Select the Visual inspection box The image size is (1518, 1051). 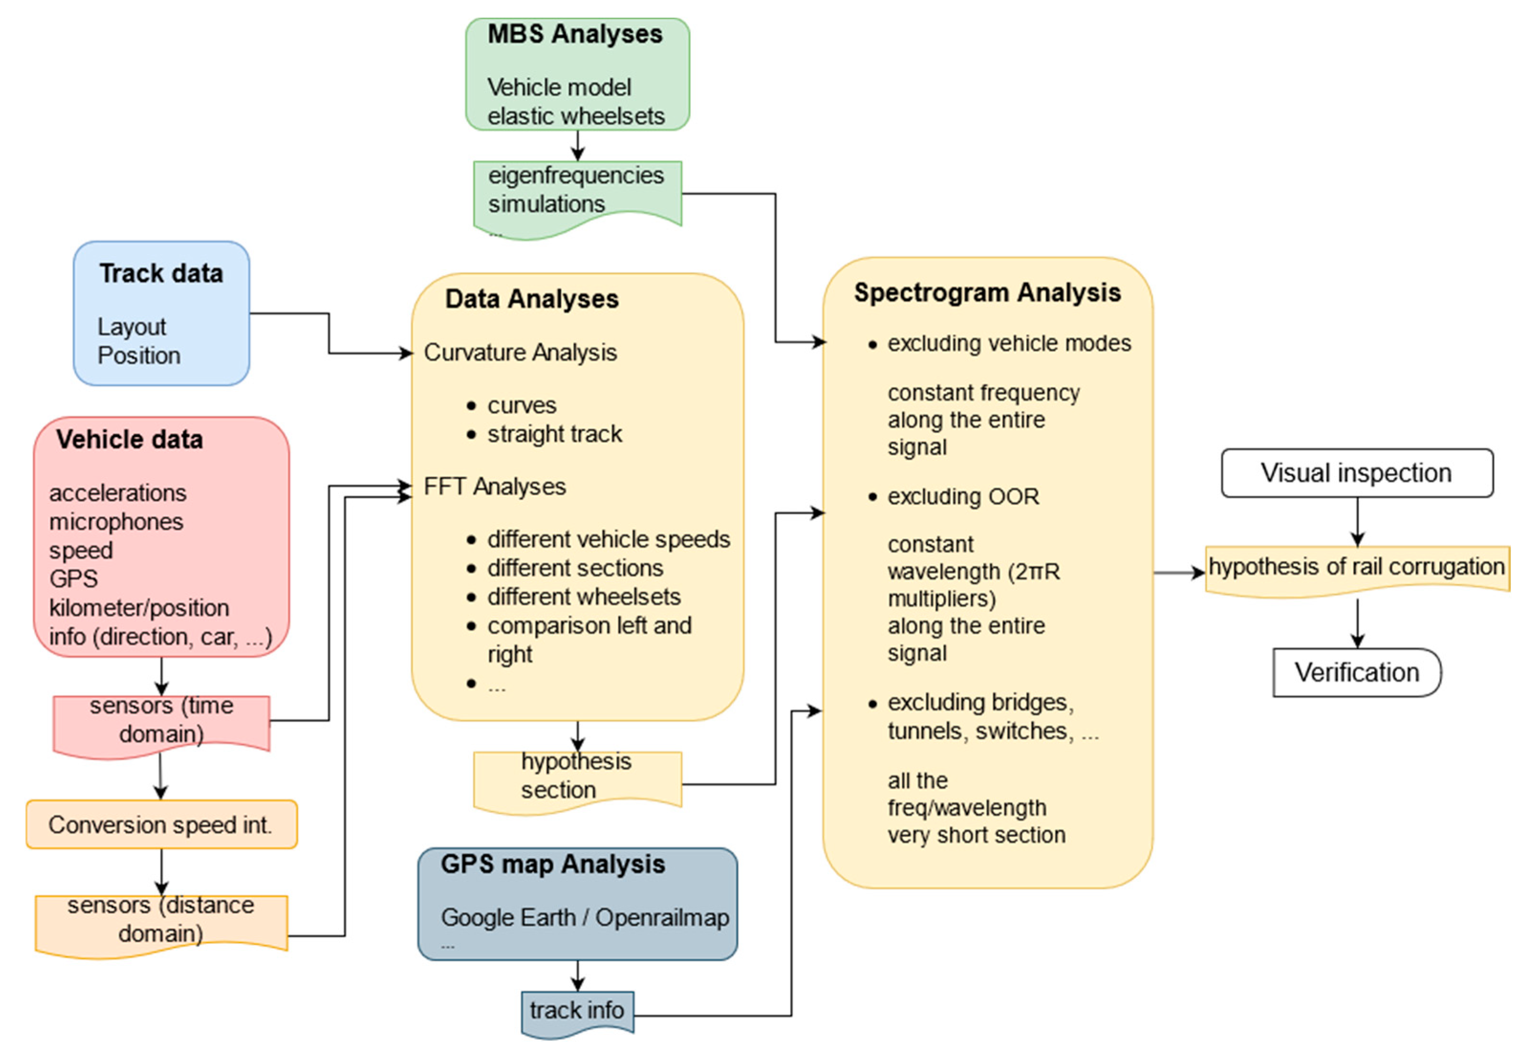1356,473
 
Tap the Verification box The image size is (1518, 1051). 1356,672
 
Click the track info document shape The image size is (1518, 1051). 577,1010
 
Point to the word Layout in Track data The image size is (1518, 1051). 132,326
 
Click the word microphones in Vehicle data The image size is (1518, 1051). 116,521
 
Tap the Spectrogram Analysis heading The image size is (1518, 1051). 987,293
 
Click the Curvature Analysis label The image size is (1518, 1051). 520,352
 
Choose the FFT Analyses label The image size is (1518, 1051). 495,487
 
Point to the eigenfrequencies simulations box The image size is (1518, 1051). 577,191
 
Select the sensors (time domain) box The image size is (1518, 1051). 161,720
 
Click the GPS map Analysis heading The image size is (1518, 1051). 552,864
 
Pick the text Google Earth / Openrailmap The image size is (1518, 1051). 584,917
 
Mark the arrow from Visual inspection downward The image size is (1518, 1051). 1357,521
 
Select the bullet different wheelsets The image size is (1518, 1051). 583,596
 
